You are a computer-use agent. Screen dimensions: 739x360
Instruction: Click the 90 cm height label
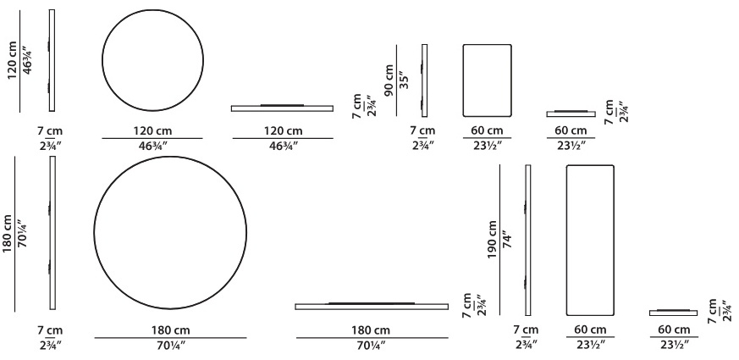[x=389, y=80]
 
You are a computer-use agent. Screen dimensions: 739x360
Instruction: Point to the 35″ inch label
[x=404, y=80]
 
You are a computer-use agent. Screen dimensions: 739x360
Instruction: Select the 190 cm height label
[x=493, y=241]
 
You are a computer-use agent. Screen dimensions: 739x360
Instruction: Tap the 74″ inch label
[x=507, y=240]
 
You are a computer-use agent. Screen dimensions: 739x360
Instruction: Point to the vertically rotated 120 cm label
[x=12, y=60]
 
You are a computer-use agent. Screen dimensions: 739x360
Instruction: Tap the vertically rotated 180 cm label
[x=7, y=234]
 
